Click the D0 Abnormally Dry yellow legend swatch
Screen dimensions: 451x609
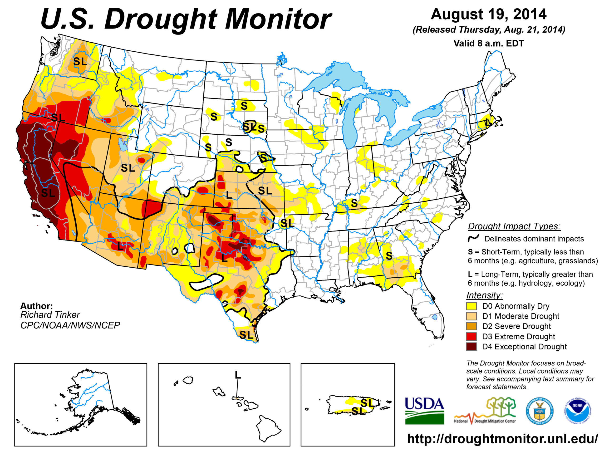point(471,306)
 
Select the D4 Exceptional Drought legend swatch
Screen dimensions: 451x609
point(471,347)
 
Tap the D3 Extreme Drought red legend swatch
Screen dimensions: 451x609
point(471,336)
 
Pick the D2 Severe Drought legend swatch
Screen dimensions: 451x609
point(471,326)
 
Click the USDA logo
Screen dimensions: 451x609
point(424,410)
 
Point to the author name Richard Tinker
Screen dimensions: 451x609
point(50,315)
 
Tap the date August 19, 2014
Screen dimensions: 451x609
point(489,14)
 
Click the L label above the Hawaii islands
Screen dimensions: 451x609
point(238,375)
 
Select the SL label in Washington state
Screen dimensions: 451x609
point(80,62)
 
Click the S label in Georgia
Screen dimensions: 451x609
point(389,256)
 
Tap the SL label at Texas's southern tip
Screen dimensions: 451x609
point(246,335)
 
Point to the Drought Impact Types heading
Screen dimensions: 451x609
point(514,226)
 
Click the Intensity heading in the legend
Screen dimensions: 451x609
point(484,295)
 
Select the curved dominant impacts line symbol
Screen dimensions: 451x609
point(474,238)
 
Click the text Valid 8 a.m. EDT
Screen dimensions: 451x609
point(489,43)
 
